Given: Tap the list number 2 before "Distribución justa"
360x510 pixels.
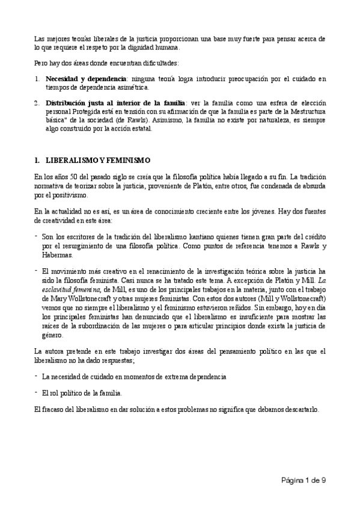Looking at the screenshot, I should (x=37, y=103).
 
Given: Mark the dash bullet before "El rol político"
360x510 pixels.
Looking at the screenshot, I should (x=35, y=392).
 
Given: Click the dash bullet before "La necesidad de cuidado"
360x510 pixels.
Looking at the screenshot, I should (x=35, y=375).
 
